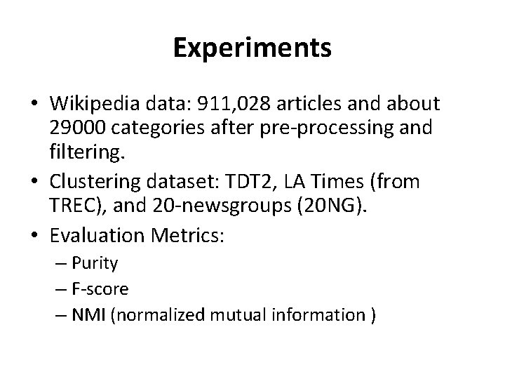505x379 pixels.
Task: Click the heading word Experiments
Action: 252,49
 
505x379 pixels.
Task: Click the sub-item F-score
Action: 103,288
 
